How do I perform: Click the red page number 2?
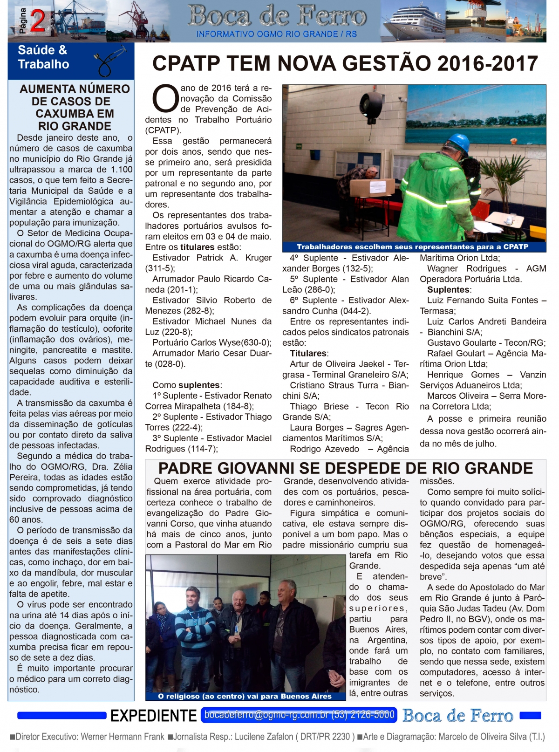37,21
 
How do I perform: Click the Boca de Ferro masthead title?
277,16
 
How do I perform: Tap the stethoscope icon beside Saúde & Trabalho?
110,61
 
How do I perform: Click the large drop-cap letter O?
165,99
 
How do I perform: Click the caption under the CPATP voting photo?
413,247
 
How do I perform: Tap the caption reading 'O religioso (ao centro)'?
244,696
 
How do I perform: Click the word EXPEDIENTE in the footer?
153,716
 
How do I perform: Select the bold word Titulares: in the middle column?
309,354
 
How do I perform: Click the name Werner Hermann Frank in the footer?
123,737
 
